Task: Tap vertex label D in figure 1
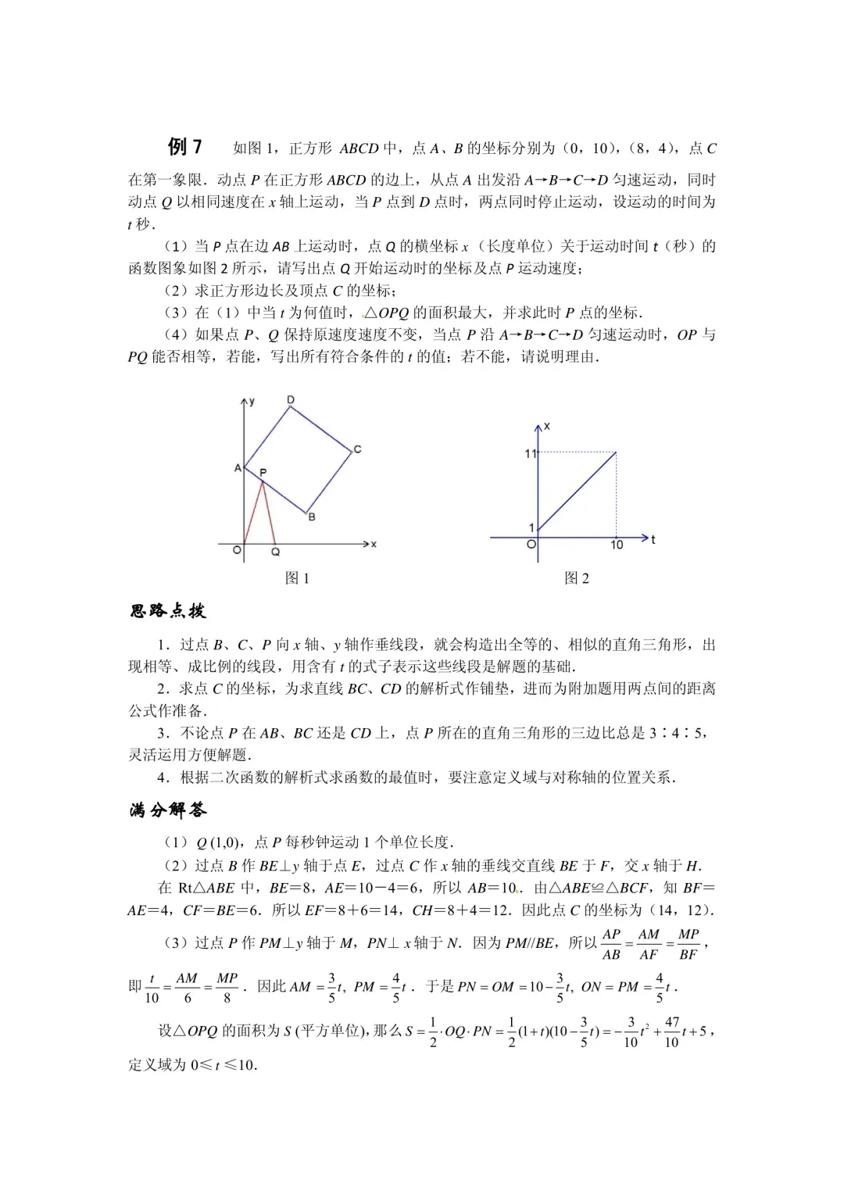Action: pyautogui.click(x=291, y=400)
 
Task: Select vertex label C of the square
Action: pyautogui.click(x=357, y=449)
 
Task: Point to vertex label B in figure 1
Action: pyautogui.click(x=312, y=517)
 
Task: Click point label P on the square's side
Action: pyautogui.click(x=263, y=473)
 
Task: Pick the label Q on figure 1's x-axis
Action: pyautogui.click(x=275, y=552)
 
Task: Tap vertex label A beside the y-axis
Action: pyautogui.click(x=238, y=468)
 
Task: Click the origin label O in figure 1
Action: pyautogui.click(x=237, y=550)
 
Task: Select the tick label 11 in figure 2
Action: pyautogui.click(x=531, y=453)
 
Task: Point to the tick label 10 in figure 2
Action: pyautogui.click(x=617, y=545)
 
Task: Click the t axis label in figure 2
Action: pyautogui.click(x=653, y=539)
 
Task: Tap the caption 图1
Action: pyautogui.click(x=297, y=578)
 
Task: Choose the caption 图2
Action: pyautogui.click(x=577, y=578)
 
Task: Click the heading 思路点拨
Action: pyautogui.click(x=168, y=611)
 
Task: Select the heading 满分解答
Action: pyautogui.click(x=168, y=810)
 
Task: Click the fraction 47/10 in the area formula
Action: pyautogui.click(x=671, y=1031)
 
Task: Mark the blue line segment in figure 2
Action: pyautogui.click(x=578, y=492)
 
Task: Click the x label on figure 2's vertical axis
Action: pyautogui.click(x=547, y=427)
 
